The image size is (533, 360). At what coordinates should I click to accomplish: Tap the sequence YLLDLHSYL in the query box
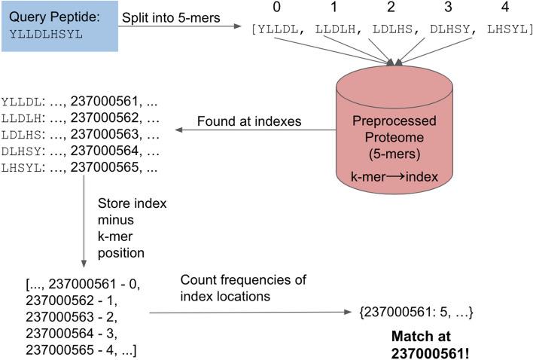[41, 34]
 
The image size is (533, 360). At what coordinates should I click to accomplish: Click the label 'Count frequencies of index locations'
[242, 288]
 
